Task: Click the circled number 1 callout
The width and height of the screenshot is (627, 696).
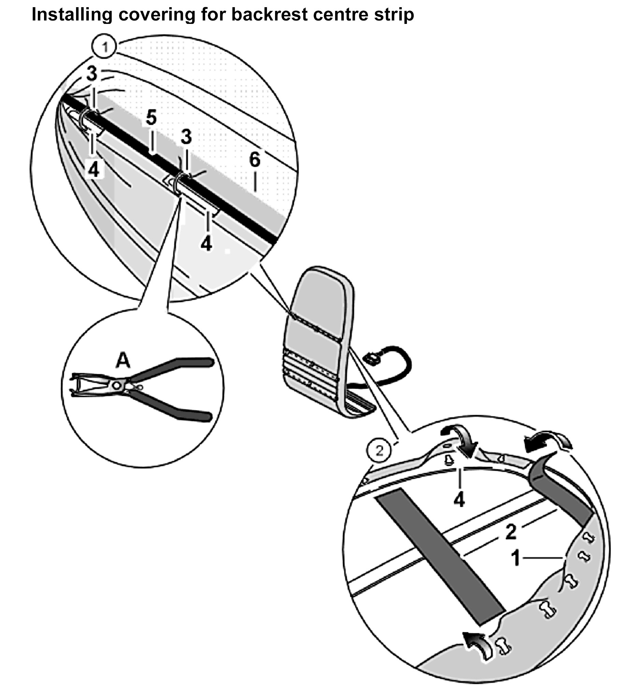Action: click(x=105, y=46)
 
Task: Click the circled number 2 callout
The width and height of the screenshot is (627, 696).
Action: click(x=379, y=451)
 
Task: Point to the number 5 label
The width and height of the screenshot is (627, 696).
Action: click(x=151, y=118)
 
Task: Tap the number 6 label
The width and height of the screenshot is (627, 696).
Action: click(x=255, y=159)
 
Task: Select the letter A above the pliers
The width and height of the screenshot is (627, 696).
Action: click(x=123, y=361)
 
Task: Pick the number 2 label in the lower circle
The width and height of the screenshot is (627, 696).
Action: click(x=511, y=532)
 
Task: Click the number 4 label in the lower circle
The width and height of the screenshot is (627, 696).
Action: click(x=459, y=500)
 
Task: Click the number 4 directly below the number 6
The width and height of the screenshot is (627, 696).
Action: click(x=206, y=244)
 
